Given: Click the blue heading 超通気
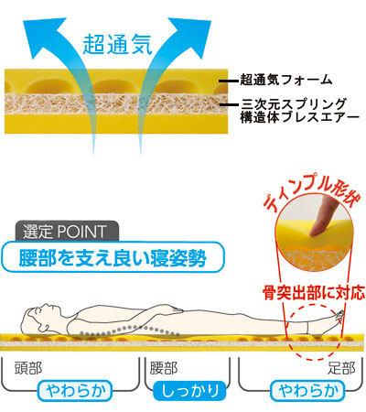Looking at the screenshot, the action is pos(117,45).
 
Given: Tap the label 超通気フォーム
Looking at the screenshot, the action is pos(286,80).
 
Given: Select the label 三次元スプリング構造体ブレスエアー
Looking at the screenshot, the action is pos(299,111).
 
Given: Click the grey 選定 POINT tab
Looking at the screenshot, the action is pos(67,232).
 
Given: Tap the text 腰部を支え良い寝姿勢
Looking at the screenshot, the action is pos(113,258).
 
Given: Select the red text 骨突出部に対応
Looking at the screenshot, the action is pos(314,292).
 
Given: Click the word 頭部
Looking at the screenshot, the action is pos(28,368).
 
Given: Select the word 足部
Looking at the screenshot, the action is pos(341,368).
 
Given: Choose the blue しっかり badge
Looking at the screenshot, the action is pos(189,391).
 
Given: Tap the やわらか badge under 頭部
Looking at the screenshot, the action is pos(75,391).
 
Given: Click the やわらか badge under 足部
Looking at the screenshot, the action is pos(307,391).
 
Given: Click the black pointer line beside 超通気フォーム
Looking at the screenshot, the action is pos(229,81).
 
